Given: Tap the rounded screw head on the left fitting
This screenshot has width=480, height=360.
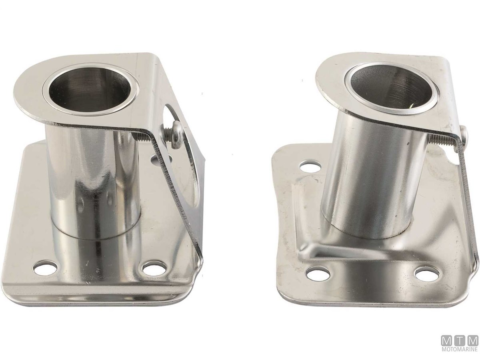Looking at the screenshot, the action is [176, 135].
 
